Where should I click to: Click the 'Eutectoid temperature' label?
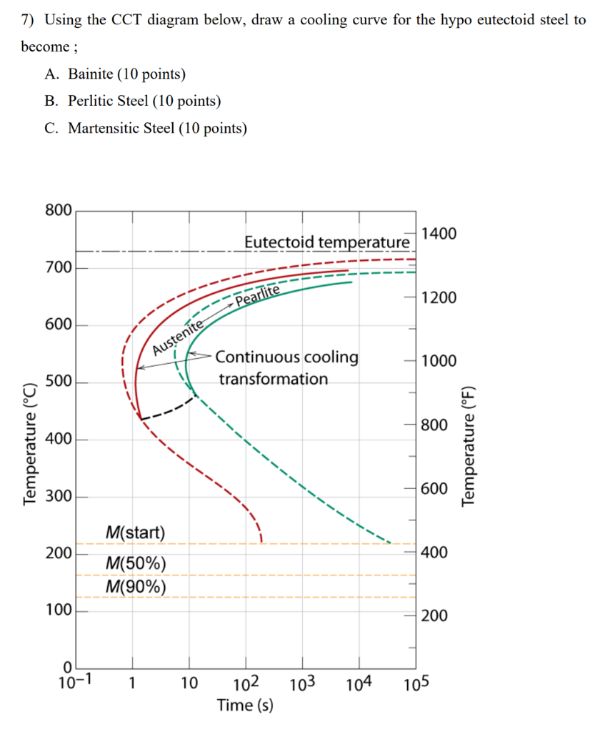click(327, 242)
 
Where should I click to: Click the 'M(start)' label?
click(134, 533)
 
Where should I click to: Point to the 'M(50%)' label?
click(136, 564)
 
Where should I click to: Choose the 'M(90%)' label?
click(136, 587)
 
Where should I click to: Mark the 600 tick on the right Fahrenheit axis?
click(434, 489)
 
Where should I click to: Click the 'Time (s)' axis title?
click(245, 706)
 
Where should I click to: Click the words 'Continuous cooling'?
click(287, 357)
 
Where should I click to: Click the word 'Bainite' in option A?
click(91, 74)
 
